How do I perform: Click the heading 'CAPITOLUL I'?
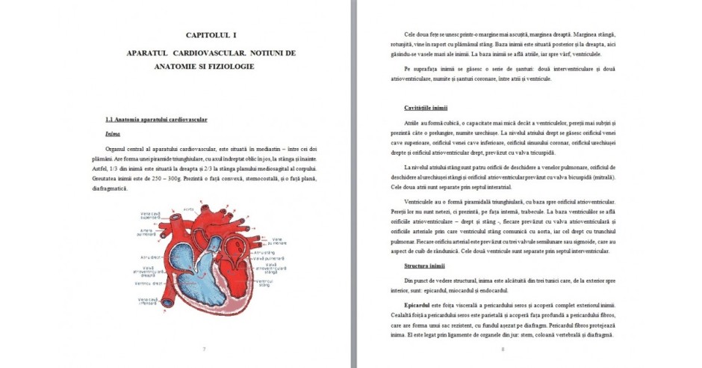click(x=211, y=36)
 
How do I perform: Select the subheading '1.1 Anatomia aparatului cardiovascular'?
click(x=156, y=120)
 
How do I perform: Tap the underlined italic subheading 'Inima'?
click(x=113, y=134)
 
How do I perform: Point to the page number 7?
click(x=204, y=349)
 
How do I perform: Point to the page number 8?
click(x=503, y=349)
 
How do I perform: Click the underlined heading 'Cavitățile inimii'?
click(x=426, y=108)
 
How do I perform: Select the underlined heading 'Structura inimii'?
click(x=424, y=266)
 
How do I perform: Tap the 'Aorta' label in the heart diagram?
click(x=190, y=209)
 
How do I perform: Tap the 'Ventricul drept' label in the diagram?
click(x=150, y=283)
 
